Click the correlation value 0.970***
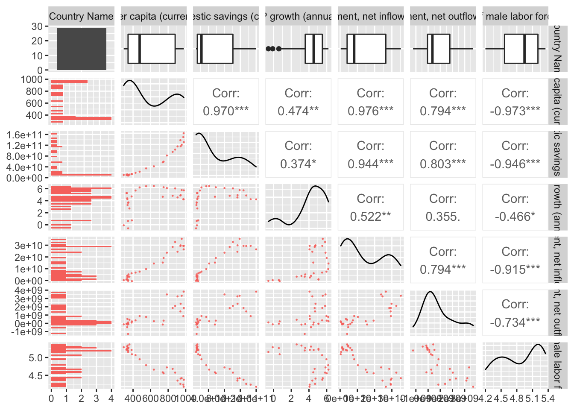[225, 111]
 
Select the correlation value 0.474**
[298, 111]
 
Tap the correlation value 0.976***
[370, 111]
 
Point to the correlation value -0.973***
[515, 111]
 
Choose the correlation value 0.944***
[370, 164]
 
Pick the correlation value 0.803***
[443, 164]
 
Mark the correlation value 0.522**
[370, 217]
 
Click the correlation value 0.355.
[443, 217]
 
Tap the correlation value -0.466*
[515, 217]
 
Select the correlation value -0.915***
[515, 269]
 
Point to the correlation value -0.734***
[515, 322]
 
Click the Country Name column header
[81, 17]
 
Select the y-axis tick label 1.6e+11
[25, 135]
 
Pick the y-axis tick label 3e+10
[29, 246]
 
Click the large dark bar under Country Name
[81, 49]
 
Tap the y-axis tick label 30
[37, 26]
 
